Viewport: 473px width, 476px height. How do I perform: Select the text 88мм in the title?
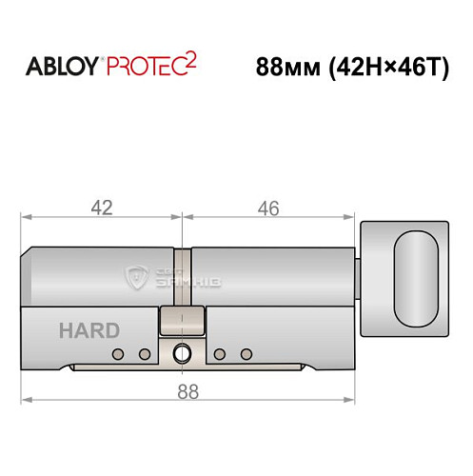click(x=289, y=69)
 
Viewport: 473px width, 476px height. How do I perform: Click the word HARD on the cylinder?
click(x=89, y=331)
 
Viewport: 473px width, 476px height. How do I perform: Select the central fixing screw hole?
click(x=181, y=355)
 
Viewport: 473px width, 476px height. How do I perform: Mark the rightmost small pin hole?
click(x=246, y=355)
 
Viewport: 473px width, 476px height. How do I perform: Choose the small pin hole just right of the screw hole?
click(x=219, y=355)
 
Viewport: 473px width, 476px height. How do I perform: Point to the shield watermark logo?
click(x=135, y=279)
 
